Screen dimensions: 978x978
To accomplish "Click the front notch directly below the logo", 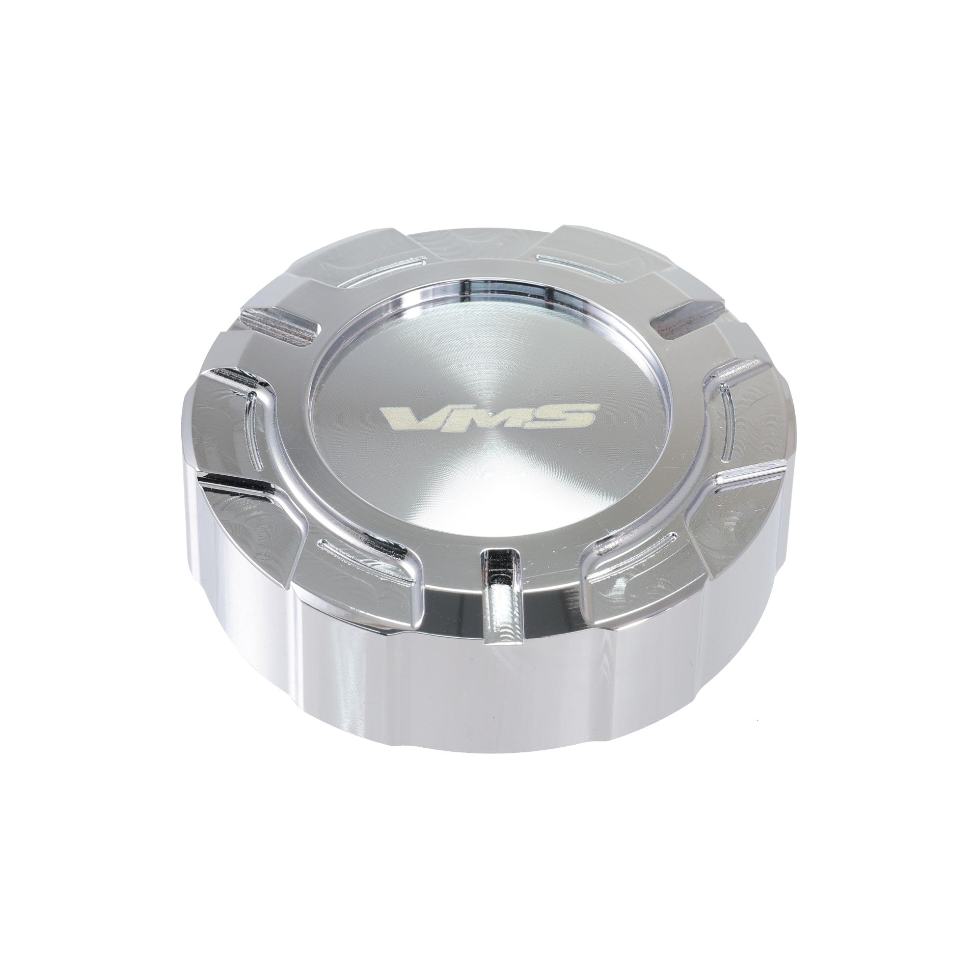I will coord(499,570).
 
